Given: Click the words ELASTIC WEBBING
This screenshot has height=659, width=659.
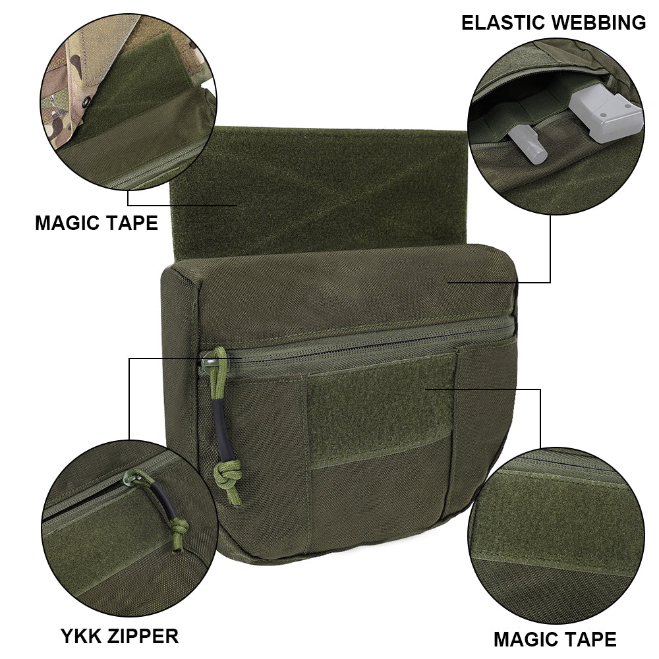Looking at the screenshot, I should [x=553, y=22].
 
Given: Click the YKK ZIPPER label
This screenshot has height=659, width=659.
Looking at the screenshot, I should [x=119, y=636].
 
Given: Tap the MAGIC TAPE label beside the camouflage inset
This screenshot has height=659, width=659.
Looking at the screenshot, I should [x=96, y=223].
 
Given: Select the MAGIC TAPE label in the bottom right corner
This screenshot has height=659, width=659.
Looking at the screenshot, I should [x=555, y=639].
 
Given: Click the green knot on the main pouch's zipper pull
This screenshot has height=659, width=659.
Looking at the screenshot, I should [x=224, y=479].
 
